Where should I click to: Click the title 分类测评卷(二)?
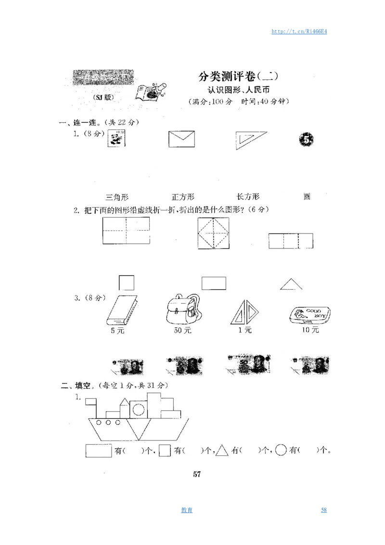click(x=239, y=77)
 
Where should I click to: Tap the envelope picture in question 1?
click(x=181, y=139)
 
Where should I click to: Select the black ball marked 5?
click(x=307, y=140)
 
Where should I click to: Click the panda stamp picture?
click(x=116, y=139)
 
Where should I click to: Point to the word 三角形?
click(x=117, y=197)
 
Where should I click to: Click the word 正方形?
click(x=183, y=197)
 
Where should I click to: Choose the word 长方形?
click(x=248, y=196)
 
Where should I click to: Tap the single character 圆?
click(x=307, y=196)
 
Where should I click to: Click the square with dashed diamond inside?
click(x=213, y=234)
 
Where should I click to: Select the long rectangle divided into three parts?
click(x=291, y=241)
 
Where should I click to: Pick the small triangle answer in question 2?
click(x=291, y=285)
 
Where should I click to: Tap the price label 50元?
click(x=182, y=330)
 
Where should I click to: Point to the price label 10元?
click(x=310, y=330)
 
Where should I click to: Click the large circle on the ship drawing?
click(x=139, y=410)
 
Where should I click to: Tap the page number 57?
click(x=196, y=474)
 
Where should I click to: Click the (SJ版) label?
click(x=103, y=97)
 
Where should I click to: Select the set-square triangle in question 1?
click(x=249, y=140)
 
